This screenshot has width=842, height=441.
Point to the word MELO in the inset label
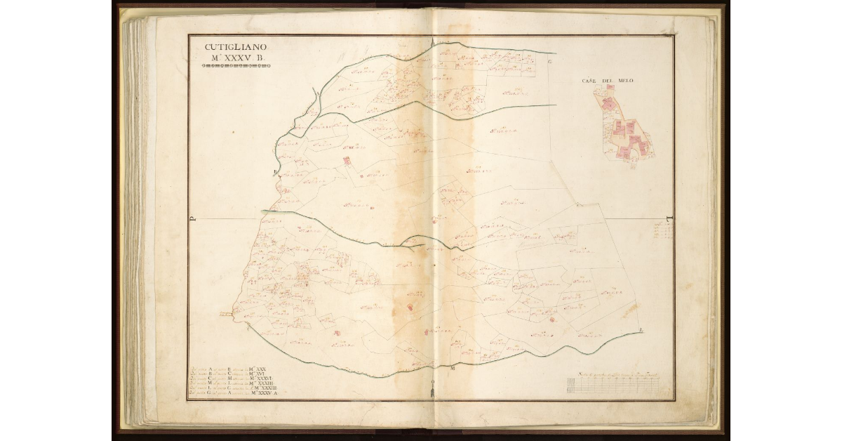click(626, 81)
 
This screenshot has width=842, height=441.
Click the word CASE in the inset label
click(589, 81)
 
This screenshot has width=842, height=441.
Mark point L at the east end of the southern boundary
click(641, 330)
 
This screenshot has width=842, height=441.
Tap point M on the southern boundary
click(453, 368)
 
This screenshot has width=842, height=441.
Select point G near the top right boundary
click(551, 62)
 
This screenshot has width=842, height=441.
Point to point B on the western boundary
click(276, 171)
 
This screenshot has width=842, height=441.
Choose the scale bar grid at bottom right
click(617, 386)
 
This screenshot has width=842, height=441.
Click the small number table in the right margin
click(662, 230)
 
